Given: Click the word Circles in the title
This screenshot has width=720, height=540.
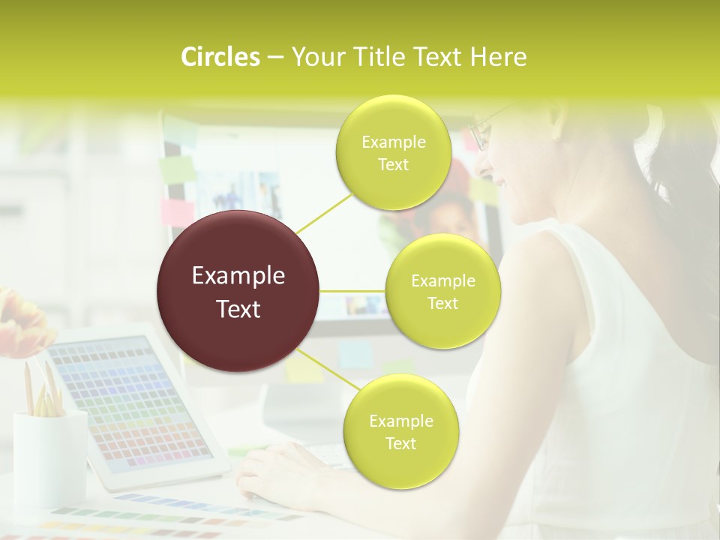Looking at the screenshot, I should point(220,57).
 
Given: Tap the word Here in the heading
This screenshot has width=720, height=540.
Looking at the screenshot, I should point(499,57).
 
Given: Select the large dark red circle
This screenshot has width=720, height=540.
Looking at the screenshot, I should point(238,291).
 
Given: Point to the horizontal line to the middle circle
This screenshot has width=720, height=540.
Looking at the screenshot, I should point(352,291).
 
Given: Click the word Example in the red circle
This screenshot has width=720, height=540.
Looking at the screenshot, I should point(238,276).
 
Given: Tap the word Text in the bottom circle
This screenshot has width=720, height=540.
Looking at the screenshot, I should point(400,443).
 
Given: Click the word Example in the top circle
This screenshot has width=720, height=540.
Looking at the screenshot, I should point(393,142).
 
